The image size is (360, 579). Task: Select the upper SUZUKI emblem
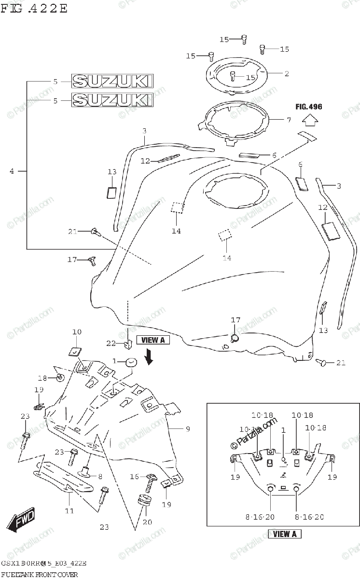pos(112,82)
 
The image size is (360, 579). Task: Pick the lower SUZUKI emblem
pos(112,100)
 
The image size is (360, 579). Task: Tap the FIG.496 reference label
pos(309,107)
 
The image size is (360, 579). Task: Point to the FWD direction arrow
pos(21,522)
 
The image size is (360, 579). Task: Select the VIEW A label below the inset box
pos(285,534)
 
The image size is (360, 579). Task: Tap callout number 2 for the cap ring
pos(286,74)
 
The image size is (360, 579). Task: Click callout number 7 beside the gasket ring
pos(289,119)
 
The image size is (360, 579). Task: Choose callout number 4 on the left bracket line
pos(12,170)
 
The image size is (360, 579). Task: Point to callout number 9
pos(188,428)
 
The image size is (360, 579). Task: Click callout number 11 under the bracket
pos(69,510)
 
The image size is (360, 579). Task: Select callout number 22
pos(111,343)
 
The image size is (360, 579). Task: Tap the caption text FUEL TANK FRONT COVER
pos(43,573)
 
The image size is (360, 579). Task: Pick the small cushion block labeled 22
pos(127,344)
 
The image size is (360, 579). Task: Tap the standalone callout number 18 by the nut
pos(42,378)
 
